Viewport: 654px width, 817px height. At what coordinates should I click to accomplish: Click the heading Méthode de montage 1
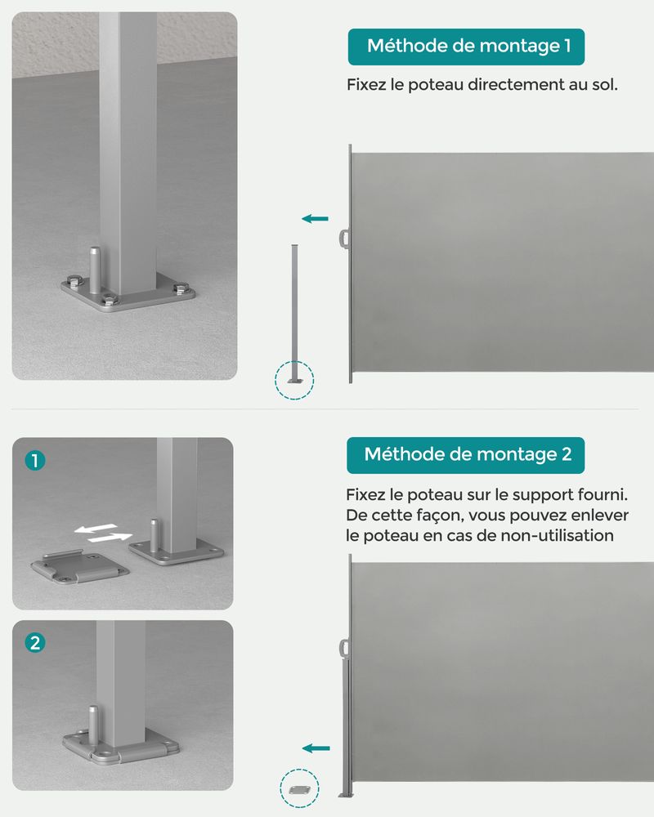pyautogui.click(x=468, y=46)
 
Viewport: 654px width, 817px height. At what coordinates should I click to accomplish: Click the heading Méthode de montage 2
pyautogui.click(x=468, y=454)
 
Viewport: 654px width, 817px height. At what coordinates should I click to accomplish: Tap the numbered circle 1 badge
pyautogui.click(x=35, y=461)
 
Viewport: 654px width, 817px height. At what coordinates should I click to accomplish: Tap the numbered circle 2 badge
pyautogui.click(x=35, y=642)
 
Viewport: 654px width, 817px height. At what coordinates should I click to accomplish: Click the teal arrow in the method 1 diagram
pyautogui.click(x=315, y=219)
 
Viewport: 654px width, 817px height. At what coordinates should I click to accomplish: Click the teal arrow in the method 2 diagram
pyautogui.click(x=316, y=748)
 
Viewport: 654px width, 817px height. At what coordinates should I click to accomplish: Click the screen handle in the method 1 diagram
pyautogui.click(x=343, y=239)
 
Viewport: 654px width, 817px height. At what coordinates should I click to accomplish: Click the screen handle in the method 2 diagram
pyautogui.click(x=343, y=649)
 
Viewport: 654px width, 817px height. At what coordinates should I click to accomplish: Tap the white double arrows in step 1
pyautogui.click(x=103, y=533)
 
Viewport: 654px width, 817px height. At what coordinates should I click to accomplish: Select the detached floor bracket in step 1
pyautogui.click(x=79, y=566)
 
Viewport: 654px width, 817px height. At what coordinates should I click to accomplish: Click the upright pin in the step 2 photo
pyautogui.click(x=93, y=721)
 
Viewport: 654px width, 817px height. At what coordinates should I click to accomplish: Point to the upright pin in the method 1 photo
pyautogui.click(x=94, y=270)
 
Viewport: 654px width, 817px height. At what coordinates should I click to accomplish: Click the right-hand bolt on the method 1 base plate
pyautogui.click(x=181, y=288)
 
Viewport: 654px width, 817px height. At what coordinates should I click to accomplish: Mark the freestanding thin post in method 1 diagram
pyautogui.click(x=294, y=314)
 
